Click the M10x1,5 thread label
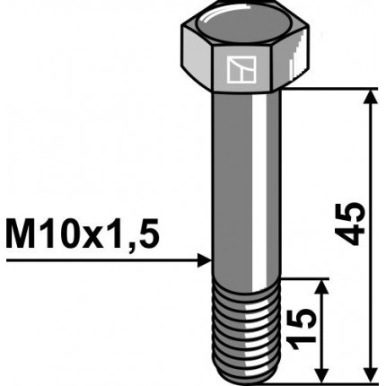[83, 237]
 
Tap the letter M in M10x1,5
[22, 237]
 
